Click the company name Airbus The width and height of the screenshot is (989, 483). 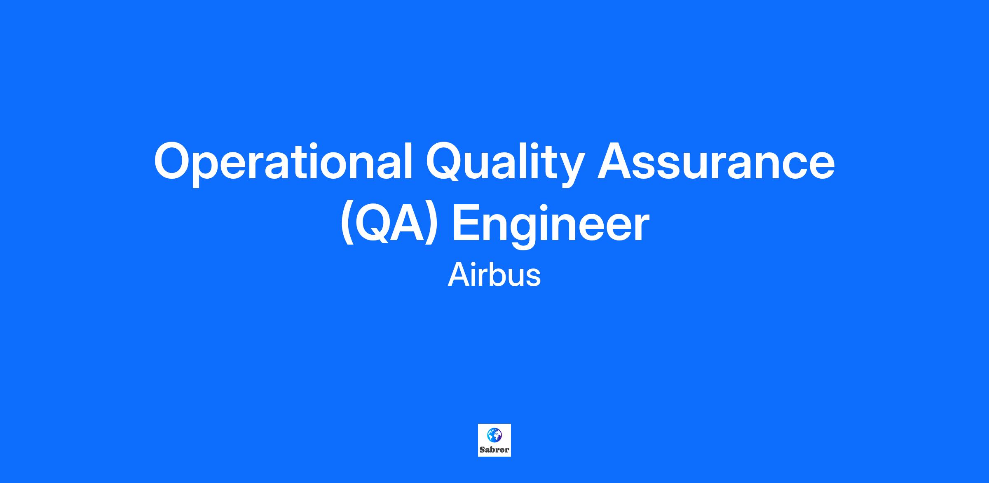click(x=494, y=275)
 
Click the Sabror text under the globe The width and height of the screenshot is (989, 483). click(x=494, y=450)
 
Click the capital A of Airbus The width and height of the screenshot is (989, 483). click(x=459, y=275)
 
